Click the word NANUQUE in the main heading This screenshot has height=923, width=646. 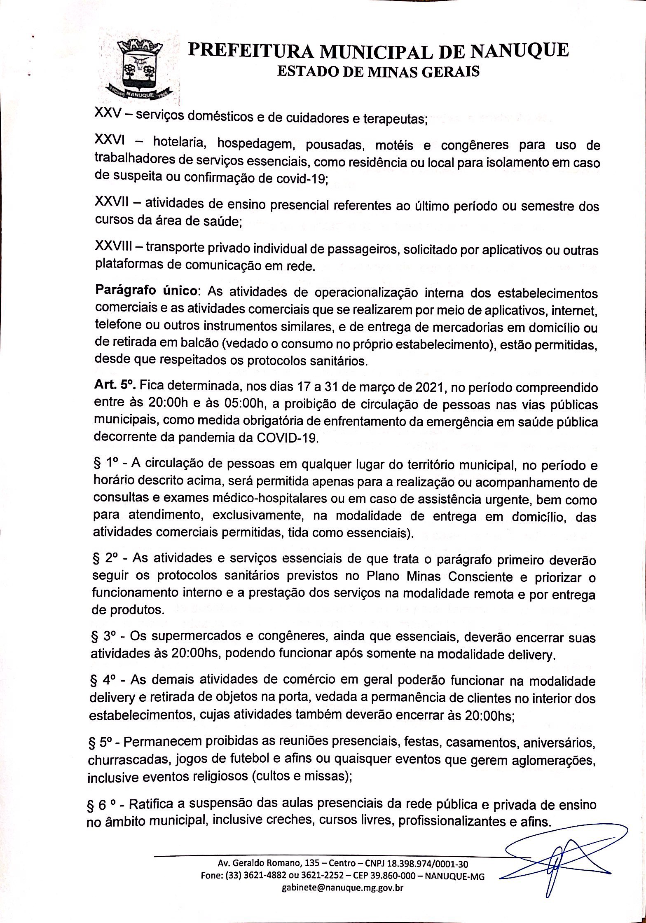point(520,51)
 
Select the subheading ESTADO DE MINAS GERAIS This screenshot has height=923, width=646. point(379,72)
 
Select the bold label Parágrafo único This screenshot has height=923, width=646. point(146,290)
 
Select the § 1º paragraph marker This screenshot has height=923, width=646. point(106,464)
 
